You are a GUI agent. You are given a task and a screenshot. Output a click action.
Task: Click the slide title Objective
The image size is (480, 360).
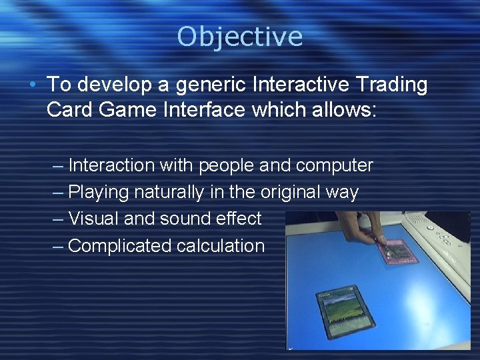click(239, 36)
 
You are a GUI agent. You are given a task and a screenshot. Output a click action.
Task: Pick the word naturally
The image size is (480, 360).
click(169, 193)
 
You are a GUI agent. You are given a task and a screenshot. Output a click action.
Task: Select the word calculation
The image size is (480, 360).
click(221, 246)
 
